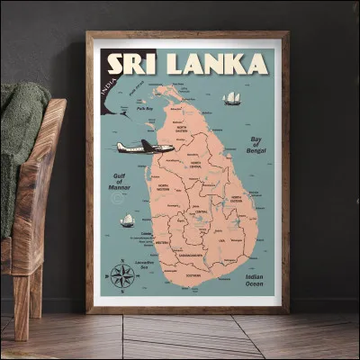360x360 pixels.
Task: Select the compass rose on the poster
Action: pos(122,277)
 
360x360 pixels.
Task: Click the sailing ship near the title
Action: pos(233,97)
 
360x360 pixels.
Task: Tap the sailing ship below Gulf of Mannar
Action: pos(127,220)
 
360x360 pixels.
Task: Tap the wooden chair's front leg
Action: pos(19,306)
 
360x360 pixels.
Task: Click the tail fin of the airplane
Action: pos(121,145)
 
